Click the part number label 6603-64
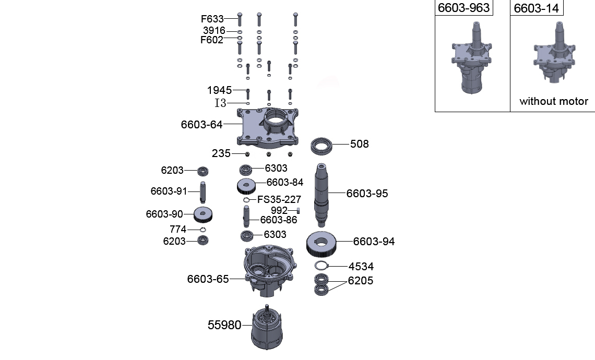click(201, 125)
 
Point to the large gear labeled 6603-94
click(321, 243)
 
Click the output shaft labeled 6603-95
click(324, 193)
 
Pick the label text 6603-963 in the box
click(463, 8)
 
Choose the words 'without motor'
click(553, 102)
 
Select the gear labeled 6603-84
click(246, 185)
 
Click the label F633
click(212, 19)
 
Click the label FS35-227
click(279, 200)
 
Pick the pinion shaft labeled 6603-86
click(246, 215)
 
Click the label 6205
click(361, 281)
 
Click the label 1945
click(219, 90)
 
